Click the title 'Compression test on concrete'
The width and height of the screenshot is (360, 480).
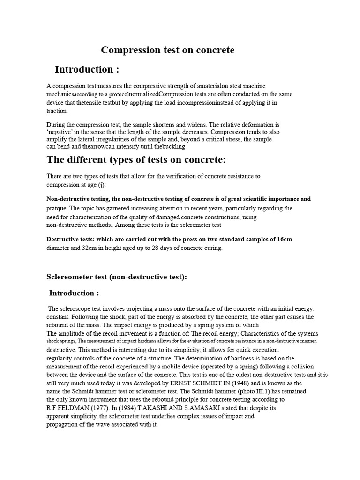tap(168, 50)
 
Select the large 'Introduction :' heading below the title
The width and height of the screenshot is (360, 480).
tap(87, 70)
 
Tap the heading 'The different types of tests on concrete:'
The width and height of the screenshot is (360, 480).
tap(136, 160)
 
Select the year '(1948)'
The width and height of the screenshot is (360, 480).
tap(213, 382)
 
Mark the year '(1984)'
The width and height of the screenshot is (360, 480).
tap(139, 408)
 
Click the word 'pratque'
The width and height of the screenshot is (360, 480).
tap(57, 207)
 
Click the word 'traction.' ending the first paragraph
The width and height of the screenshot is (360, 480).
tap(57, 111)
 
